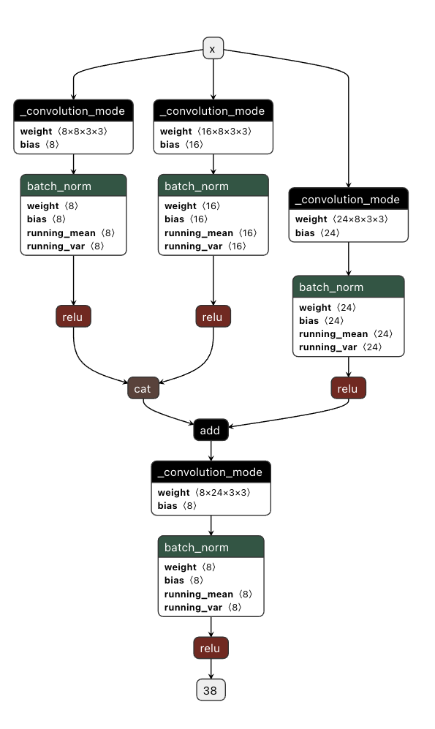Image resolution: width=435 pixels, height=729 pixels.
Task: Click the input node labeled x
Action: [213, 49]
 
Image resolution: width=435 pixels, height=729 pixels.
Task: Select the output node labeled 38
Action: [211, 690]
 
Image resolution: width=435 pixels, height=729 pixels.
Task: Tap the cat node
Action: [143, 388]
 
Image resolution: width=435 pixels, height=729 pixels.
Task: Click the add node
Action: [211, 431]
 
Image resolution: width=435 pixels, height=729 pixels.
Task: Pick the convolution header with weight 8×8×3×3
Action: [73, 111]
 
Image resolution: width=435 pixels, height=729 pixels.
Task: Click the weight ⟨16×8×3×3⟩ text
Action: [205, 132]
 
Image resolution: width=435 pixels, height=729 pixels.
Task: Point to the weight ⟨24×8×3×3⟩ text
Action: [341, 219]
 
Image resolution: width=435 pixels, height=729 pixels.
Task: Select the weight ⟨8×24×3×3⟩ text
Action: [204, 493]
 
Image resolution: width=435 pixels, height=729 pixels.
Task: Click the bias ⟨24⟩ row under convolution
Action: [317, 233]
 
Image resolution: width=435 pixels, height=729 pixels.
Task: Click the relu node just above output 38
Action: [211, 648]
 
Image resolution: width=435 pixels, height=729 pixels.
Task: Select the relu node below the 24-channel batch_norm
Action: [348, 388]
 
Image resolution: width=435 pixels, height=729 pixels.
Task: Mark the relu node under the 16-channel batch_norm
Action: [213, 317]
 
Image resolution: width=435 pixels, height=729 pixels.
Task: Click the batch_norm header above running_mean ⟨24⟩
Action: [348, 287]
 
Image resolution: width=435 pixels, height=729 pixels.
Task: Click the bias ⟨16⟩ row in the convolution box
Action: [181, 145]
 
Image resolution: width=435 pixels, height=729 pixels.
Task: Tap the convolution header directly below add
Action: [211, 472]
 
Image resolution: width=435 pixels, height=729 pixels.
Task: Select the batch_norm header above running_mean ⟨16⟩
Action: [213, 186]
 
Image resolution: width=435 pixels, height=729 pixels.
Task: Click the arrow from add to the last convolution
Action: [211, 450]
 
